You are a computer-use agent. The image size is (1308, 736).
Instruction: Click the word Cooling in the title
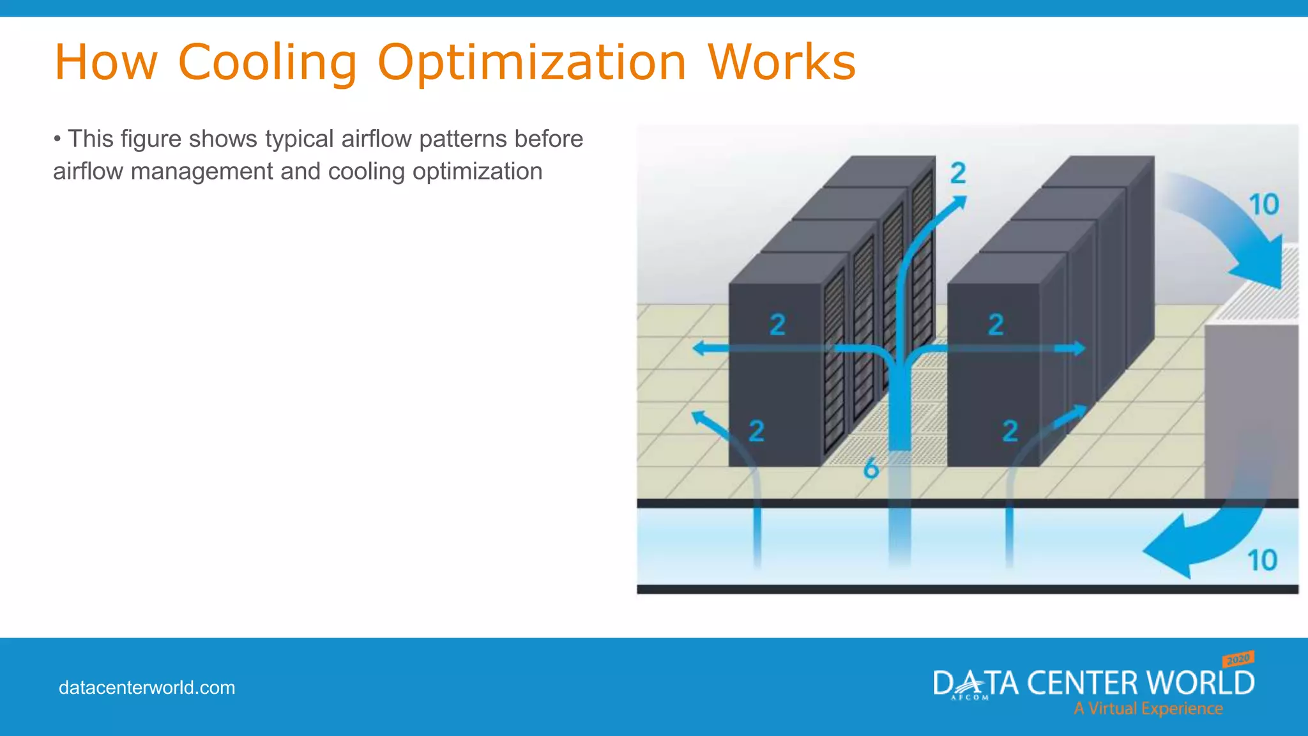(x=267, y=63)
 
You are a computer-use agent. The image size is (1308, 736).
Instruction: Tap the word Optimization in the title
(x=531, y=63)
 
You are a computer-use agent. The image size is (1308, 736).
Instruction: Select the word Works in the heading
(x=781, y=63)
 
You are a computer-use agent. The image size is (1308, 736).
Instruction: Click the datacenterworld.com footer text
(x=147, y=687)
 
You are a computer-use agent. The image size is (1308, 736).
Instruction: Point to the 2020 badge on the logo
(x=1238, y=659)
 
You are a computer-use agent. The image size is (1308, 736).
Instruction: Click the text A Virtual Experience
(x=1148, y=709)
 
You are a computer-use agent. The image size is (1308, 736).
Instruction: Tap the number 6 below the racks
(x=871, y=470)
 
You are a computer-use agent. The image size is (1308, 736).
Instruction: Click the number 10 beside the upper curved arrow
(x=1263, y=205)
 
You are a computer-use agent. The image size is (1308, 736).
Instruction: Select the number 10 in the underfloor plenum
(x=1262, y=560)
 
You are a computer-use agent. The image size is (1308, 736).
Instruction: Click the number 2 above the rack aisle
(x=958, y=173)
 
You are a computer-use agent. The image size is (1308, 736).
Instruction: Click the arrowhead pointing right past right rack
(x=1078, y=348)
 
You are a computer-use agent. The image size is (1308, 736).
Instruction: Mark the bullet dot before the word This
(x=57, y=139)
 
